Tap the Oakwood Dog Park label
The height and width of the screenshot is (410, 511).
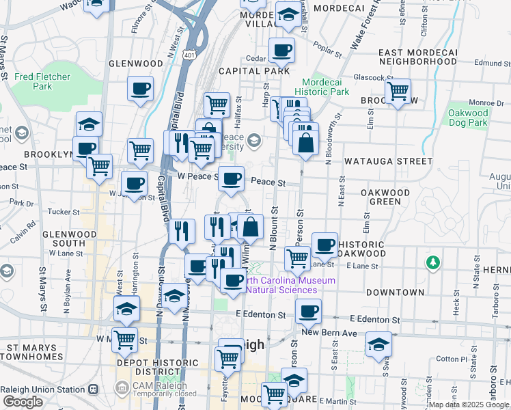pyautogui.click(x=468, y=118)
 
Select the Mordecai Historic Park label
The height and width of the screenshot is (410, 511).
pyautogui.click(x=322, y=87)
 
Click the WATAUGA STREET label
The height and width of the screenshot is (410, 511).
pyautogui.click(x=388, y=162)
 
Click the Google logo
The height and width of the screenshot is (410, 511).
pyautogui.click(x=23, y=402)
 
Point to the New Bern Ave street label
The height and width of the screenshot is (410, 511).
pyautogui.click(x=330, y=333)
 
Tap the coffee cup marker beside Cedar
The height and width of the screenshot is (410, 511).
pyautogui.click(x=281, y=49)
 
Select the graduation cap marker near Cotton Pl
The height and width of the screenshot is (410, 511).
pyautogui.click(x=378, y=344)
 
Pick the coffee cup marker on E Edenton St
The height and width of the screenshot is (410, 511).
pyautogui.click(x=308, y=312)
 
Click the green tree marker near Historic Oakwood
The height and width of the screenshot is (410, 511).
pyautogui.click(x=432, y=262)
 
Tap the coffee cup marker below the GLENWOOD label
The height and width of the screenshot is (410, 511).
pyautogui.click(x=140, y=88)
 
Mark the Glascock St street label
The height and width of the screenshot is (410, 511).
pyautogui.click(x=363, y=77)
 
